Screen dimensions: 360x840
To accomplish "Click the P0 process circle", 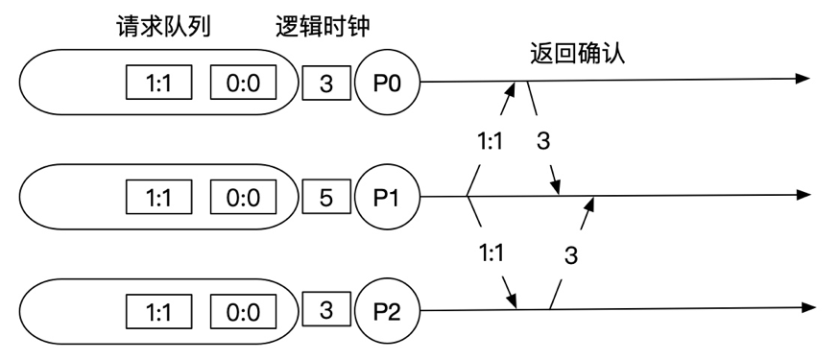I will (x=386, y=84).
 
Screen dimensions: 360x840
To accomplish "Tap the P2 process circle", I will (x=386, y=311).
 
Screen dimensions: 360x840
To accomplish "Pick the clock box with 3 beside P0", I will (x=325, y=84).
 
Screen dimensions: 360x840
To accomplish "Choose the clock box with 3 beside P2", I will (x=325, y=311).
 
